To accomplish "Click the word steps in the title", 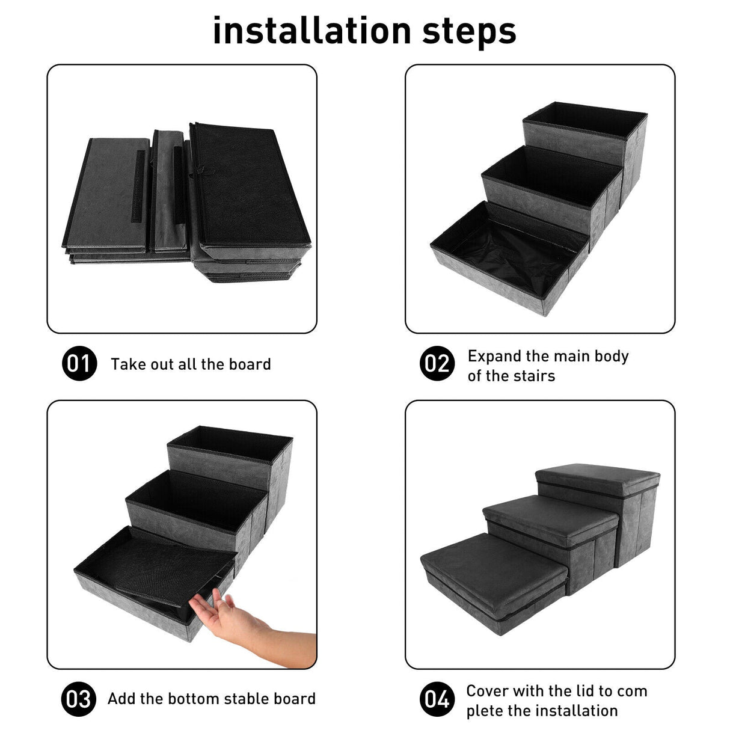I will click(468, 32).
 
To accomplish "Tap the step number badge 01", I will click(79, 364).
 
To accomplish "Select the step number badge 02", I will click(437, 364).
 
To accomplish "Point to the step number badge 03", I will click(79, 699).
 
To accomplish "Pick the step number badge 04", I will click(437, 699).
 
